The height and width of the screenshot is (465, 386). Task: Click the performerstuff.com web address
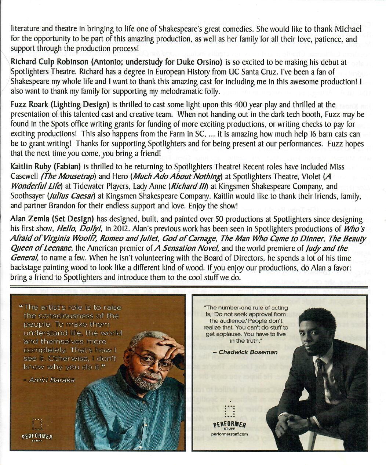click(x=229, y=434)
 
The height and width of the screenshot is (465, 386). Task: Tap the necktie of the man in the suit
click(x=320, y=382)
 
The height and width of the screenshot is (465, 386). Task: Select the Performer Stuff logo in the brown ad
click(x=37, y=430)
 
